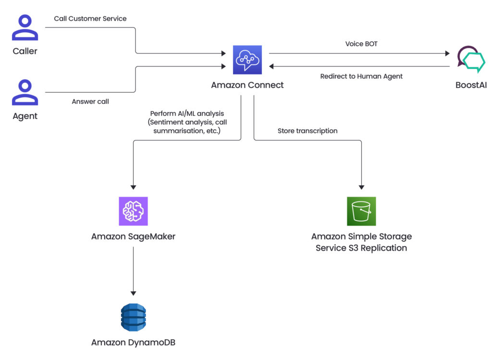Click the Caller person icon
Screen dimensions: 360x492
(25, 28)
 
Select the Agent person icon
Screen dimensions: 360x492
(25, 92)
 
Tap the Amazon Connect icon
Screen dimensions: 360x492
(247, 60)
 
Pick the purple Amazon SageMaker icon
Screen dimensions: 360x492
(133, 211)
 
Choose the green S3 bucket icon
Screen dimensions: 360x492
(361, 211)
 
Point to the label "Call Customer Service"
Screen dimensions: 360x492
(90, 19)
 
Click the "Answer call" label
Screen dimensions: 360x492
(90, 101)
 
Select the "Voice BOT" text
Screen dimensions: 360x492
(361, 44)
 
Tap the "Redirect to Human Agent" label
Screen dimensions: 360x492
(361, 76)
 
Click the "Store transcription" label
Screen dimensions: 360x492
(307, 131)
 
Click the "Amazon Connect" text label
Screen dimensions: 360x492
(247, 85)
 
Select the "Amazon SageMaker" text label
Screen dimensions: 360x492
(133, 236)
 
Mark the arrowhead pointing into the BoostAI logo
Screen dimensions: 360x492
(447, 54)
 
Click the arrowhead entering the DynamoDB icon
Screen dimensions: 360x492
(133, 293)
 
